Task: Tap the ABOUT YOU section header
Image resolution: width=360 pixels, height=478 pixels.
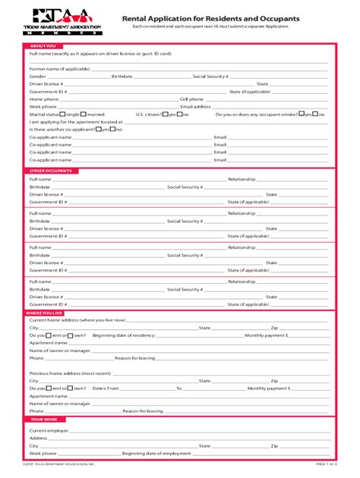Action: (x=43, y=46)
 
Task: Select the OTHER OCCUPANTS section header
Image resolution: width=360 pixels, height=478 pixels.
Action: (x=50, y=171)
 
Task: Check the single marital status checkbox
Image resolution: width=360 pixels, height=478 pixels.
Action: (x=64, y=114)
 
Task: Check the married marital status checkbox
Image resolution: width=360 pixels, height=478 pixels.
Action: (x=84, y=114)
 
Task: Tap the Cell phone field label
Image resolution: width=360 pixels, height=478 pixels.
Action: (x=191, y=99)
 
